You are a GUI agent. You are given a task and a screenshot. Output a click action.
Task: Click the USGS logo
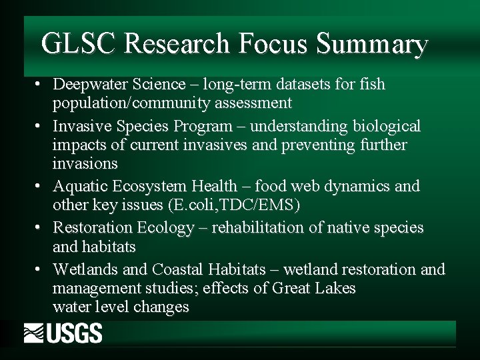(x=63, y=333)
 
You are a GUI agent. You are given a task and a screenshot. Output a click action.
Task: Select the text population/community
(x=131, y=103)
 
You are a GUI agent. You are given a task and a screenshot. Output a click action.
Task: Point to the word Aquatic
(x=79, y=186)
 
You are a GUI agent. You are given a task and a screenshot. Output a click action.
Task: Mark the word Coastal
(x=178, y=269)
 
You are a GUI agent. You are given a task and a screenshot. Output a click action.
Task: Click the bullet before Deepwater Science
(x=41, y=85)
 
